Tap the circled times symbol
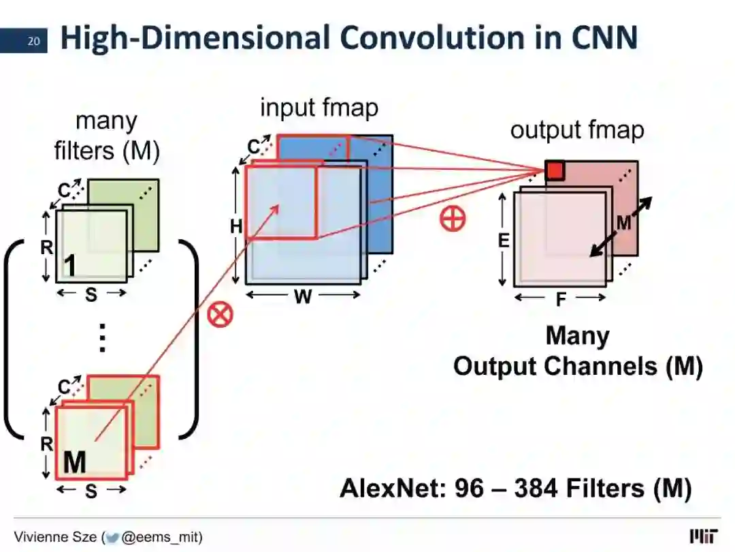220,314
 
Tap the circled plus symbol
452,219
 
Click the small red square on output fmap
555,171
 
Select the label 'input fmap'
319,108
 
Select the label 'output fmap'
577,129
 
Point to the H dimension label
236,226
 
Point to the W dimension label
302,297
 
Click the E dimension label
504,240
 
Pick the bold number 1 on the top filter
69,266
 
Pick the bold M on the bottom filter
74,463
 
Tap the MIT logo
704,536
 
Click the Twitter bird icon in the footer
112,537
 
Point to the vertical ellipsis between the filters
103,337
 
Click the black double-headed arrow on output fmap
620,227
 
